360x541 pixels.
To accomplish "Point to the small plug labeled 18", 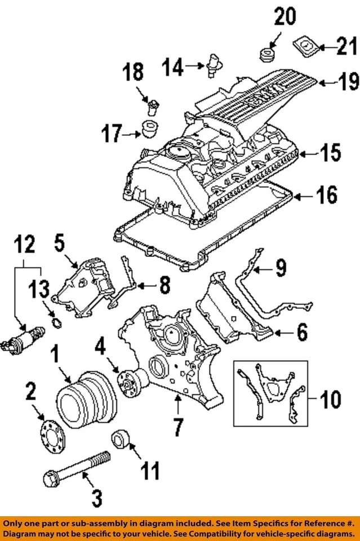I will [150, 104].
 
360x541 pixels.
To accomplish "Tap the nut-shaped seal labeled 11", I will [122, 438].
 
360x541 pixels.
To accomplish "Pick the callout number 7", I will [177, 427].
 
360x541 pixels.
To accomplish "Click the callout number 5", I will [60, 245].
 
